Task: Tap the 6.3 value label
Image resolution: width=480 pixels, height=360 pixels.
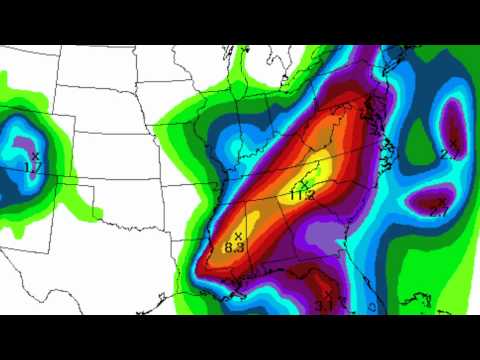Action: pyautogui.click(x=236, y=246)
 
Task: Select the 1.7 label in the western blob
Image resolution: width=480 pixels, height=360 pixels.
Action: pyautogui.click(x=33, y=167)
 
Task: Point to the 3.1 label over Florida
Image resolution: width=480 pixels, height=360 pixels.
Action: pyautogui.click(x=324, y=306)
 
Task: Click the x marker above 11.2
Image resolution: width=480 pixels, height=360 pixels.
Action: pyautogui.click(x=303, y=183)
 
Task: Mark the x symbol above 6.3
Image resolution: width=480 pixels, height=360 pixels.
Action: pyautogui.click(x=238, y=235)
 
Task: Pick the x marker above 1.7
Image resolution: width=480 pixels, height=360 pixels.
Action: pyautogui.click(x=35, y=156)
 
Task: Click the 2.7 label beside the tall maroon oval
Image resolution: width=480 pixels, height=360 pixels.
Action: pyautogui.click(x=449, y=155)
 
